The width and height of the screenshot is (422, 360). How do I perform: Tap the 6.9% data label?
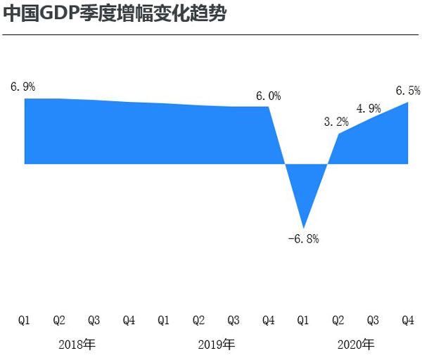tap(23, 86)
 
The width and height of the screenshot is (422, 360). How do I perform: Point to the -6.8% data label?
tap(304, 239)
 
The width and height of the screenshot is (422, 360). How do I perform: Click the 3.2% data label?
tap(336, 122)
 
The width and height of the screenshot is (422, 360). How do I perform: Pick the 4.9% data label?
tap(369, 108)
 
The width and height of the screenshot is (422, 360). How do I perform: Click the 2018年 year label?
tap(77, 345)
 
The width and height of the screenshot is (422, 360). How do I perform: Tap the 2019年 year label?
tap(216, 345)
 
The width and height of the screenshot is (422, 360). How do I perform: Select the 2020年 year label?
tap(356, 345)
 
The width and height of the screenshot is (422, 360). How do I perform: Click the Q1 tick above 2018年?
tap(24, 321)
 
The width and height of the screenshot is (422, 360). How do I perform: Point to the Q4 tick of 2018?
tap(129, 321)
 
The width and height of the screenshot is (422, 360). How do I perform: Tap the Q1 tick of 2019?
tap(163, 321)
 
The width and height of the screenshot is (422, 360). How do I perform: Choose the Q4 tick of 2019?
tap(268, 321)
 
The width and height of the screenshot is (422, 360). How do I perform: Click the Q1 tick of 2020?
tap(303, 321)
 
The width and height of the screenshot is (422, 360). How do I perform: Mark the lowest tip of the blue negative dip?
tap(304, 226)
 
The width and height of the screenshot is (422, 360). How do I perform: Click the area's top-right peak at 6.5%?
tap(409, 103)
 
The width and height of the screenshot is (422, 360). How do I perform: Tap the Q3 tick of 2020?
tap(373, 321)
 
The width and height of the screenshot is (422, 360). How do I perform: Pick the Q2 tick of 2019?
tap(198, 321)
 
